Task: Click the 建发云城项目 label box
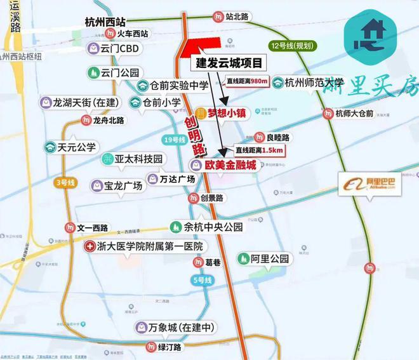click(227, 63)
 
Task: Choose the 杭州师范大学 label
click(314, 82)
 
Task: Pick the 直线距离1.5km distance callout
click(258, 150)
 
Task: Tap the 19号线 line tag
click(173, 139)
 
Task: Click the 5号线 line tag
click(201, 279)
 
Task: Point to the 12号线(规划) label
click(293, 46)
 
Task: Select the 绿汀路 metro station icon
click(150, 347)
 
